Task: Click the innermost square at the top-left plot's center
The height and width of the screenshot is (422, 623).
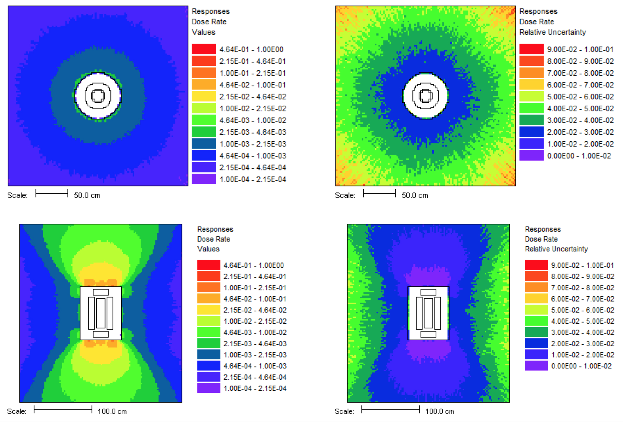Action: coord(98,95)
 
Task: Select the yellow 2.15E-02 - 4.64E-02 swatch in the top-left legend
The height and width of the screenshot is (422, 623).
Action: coord(204,97)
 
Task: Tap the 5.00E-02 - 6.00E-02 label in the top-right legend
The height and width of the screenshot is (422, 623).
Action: coord(580,97)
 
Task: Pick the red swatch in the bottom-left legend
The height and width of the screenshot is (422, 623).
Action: coord(208,265)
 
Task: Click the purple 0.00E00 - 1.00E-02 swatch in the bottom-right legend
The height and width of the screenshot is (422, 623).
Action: coord(536,366)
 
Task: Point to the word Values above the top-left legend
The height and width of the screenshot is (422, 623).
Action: coord(203,32)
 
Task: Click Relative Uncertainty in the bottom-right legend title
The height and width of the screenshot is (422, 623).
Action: coord(556,249)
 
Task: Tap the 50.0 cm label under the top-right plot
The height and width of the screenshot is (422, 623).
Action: coord(415,196)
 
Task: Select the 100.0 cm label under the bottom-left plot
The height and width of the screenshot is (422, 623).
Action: coord(112,411)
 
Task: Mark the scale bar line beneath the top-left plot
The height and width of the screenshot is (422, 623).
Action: coord(52,193)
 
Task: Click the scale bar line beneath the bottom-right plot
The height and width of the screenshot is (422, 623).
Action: coord(390,409)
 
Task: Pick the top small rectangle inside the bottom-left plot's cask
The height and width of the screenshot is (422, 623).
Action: coord(101,292)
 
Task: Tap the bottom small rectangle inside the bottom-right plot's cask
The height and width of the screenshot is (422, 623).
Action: coord(428,334)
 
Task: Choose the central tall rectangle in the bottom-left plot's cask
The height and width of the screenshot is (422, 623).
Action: coord(101,313)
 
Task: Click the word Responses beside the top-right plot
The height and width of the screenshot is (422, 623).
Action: coord(538,11)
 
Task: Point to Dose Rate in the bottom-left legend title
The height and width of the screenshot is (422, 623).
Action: coord(213,239)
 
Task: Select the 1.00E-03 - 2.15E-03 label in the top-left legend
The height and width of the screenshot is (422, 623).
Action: coord(252,144)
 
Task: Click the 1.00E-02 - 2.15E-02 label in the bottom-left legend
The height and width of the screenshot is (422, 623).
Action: coord(255,321)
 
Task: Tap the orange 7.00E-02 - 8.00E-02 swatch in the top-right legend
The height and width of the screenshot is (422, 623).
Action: coord(532,73)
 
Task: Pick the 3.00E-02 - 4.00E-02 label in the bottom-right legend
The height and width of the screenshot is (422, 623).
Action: coord(583,332)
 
